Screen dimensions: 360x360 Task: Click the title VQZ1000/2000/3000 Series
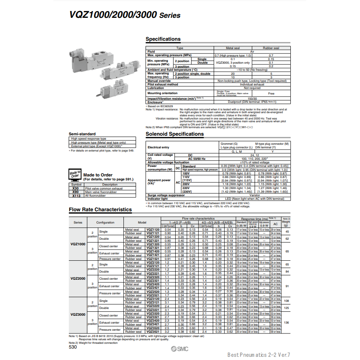pyautogui.click(x=119, y=15)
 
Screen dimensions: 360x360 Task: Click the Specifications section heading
pyautogui.click(x=163, y=39)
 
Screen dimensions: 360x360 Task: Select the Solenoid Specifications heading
pyautogui.click(x=174, y=134)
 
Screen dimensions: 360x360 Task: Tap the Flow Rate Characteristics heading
pyautogui.click(x=100, y=210)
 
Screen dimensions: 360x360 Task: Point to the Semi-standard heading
pyautogui.click(x=82, y=134)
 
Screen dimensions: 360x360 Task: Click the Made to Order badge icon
pyautogui.click(x=75, y=174)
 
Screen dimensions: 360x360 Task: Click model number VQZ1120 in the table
pyautogui.click(x=153, y=229)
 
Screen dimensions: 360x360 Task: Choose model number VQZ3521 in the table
pyautogui.click(x=153, y=332)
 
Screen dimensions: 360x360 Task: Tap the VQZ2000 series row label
pyautogui.click(x=78, y=279)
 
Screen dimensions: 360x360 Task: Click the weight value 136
pyautogui.click(x=287, y=322)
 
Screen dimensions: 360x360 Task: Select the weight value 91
pyautogui.click(x=287, y=286)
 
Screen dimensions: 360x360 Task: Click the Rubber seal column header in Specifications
pyautogui.click(x=271, y=48)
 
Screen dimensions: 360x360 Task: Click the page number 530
pyautogui.click(x=73, y=347)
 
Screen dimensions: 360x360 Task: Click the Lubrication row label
pyautogui.click(x=156, y=88)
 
